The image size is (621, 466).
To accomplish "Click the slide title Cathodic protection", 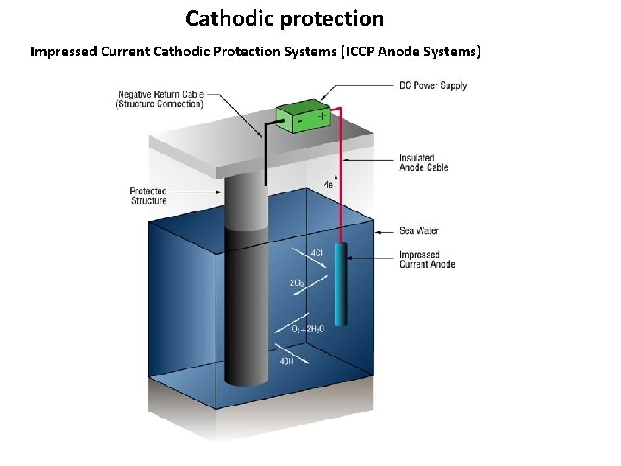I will click(x=285, y=18).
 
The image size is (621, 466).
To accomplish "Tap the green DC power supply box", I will click(x=302, y=116).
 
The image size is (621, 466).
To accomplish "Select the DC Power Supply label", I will click(x=433, y=85).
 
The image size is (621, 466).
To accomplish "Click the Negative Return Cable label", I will click(x=160, y=99).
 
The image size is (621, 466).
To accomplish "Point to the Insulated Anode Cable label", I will click(x=423, y=162).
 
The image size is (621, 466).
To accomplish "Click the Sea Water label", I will click(x=419, y=230).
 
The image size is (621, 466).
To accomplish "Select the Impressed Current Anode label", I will click(x=426, y=259).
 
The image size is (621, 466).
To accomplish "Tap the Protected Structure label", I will click(x=148, y=196).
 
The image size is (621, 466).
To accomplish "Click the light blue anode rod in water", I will click(x=341, y=285).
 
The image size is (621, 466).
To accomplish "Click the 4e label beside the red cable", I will click(x=329, y=185).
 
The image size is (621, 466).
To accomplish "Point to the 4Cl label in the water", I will click(x=317, y=253).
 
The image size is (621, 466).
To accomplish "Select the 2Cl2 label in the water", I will click(x=297, y=283).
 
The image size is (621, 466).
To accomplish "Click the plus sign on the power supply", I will click(x=322, y=115).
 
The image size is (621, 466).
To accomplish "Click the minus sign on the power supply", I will click(x=298, y=122).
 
